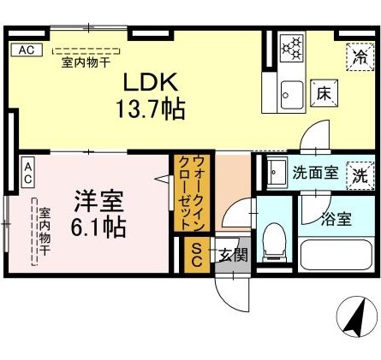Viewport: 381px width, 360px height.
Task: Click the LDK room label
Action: click(x=150, y=83)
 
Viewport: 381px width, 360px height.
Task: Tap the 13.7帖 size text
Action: click(x=151, y=109)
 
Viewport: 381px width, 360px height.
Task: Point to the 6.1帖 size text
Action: click(x=99, y=227)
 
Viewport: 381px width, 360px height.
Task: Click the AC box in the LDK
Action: click(x=26, y=50)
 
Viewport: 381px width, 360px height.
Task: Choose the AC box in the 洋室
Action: click(x=28, y=173)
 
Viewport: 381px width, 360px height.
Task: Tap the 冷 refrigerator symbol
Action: click(x=360, y=58)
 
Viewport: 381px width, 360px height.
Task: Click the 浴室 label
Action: click(x=335, y=218)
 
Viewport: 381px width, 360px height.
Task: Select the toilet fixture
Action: click(x=274, y=239)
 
